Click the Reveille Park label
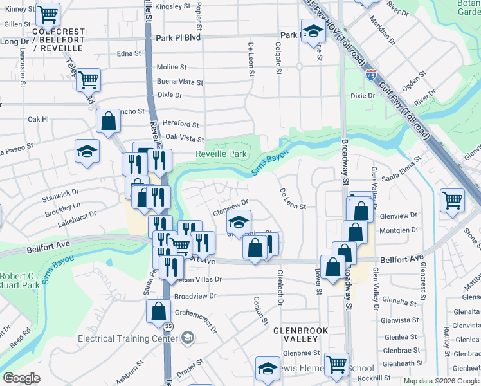tap(221, 154)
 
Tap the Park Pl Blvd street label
tap(178, 38)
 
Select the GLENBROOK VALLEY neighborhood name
tap(301, 336)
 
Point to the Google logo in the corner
tap(21, 378)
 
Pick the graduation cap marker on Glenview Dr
tap(239, 222)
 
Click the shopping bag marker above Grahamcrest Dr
tap(158, 311)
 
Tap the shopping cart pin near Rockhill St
tap(336, 363)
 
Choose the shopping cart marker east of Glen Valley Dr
tap(452, 199)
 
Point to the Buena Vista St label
tap(180, 82)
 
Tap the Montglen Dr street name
tap(399, 230)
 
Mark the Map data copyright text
tap(440, 381)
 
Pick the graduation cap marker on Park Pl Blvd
tap(313, 31)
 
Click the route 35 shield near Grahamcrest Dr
tap(168, 327)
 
